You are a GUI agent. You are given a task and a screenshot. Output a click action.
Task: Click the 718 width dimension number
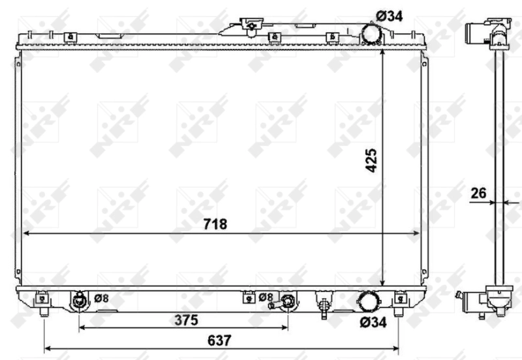[215, 224]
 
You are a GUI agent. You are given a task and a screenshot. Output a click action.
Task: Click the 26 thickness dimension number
[480, 193]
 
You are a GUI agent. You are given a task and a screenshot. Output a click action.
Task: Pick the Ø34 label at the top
[390, 16]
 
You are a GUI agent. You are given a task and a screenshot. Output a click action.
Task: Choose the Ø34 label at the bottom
[373, 322]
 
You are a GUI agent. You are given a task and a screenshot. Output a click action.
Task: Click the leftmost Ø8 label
[100, 298]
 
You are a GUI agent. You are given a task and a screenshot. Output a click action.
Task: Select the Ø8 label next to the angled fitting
[266, 297]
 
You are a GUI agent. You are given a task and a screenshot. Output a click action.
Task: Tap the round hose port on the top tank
[372, 33]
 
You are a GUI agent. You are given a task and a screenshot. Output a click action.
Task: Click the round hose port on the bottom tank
[367, 302]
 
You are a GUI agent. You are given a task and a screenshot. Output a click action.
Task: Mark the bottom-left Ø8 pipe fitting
[80, 301]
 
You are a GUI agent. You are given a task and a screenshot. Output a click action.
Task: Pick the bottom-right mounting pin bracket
[399, 300]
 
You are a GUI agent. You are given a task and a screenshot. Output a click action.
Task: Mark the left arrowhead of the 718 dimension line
[26, 233]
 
